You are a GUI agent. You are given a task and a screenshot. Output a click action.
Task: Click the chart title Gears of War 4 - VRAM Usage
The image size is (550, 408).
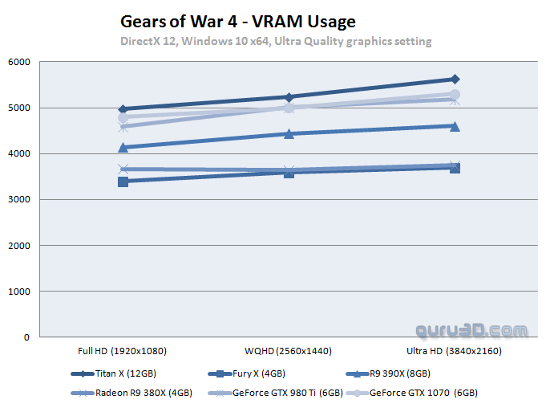tap(237, 21)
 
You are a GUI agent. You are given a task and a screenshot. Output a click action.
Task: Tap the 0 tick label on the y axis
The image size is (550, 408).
tap(26, 337)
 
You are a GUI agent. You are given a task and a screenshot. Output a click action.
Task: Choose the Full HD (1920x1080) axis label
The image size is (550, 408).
tap(123, 351)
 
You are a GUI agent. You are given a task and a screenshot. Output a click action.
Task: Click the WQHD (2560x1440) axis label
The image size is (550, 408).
tap(289, 351)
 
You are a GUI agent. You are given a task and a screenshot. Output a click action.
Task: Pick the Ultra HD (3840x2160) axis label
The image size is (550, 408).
tap(455, 351)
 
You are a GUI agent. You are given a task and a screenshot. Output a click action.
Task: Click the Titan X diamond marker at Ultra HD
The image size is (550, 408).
tap(455, 79)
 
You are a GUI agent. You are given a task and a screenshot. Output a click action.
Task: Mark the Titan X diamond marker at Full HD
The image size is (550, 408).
tap(123, 109)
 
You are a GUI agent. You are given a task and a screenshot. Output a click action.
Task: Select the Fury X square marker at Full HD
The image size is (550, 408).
tap(123, 182)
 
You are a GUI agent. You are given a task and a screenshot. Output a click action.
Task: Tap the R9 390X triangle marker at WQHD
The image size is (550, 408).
tap(289, 133)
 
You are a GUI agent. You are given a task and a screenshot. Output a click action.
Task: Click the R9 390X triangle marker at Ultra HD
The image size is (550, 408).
tap(455, 125)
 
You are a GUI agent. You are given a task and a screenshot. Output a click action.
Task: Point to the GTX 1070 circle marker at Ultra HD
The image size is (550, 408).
tap(455, 94)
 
